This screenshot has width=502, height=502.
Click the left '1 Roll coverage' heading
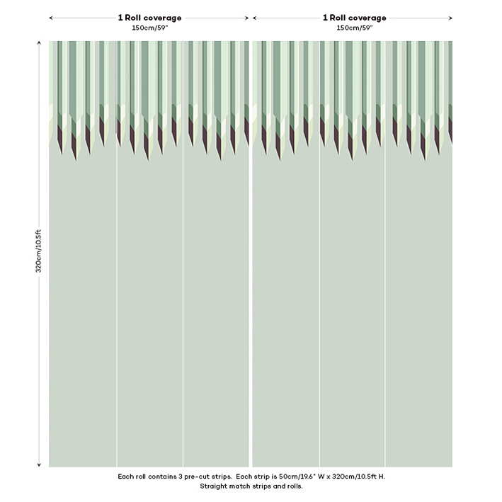(149, 18)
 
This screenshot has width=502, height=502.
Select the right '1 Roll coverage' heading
(354, 18)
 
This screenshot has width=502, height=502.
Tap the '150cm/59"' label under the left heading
(149, 28)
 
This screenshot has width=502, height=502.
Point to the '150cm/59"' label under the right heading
(354, 28)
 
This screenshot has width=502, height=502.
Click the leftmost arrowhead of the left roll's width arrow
(51, 18)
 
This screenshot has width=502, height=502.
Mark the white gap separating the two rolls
(251, 283)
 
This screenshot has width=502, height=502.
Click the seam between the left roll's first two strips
(117, 283)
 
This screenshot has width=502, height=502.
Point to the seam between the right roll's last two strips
(385, 283)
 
